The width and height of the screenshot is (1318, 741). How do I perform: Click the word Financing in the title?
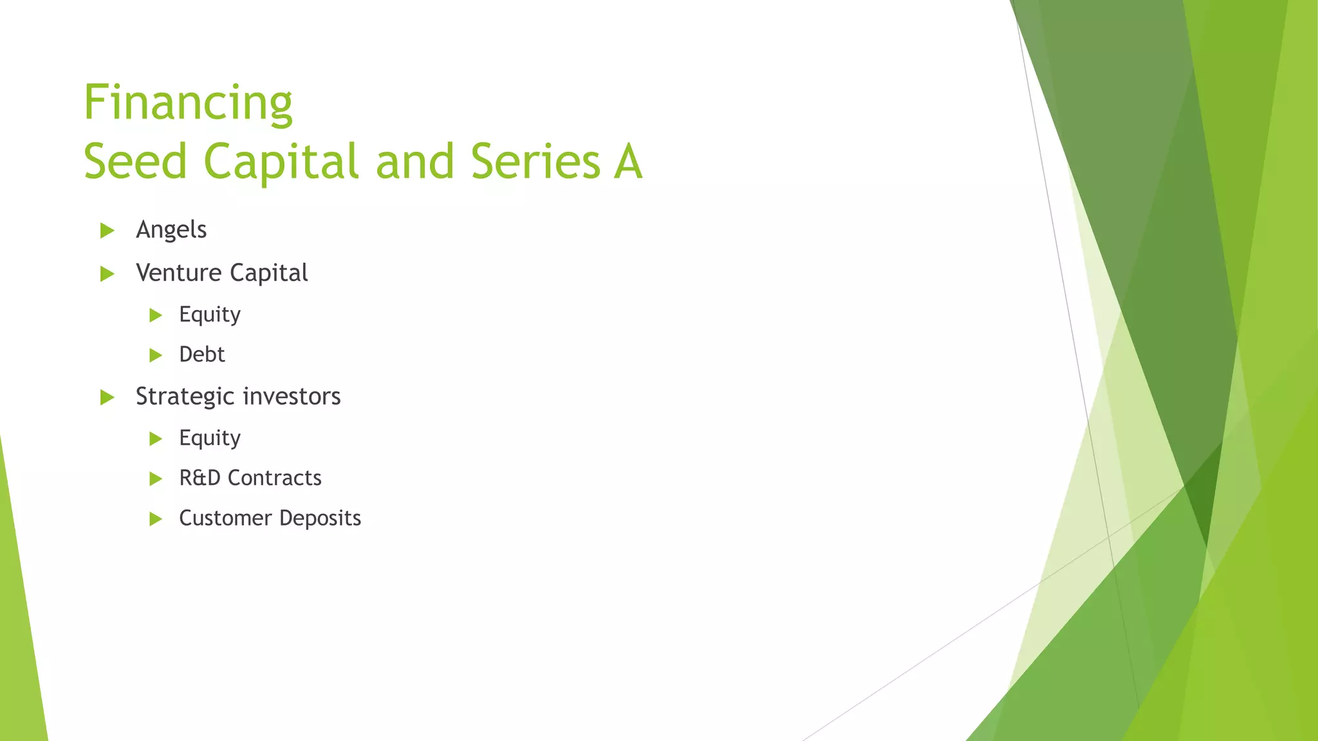click(188, 103)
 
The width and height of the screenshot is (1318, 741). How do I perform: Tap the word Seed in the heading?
click(135, 161)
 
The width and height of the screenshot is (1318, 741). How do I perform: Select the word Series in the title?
click(535, 161)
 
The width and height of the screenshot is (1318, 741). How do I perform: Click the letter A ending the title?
click(627, 161)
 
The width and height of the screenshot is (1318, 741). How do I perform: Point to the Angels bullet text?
click(171, 230)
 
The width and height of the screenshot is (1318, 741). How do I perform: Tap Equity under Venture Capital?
click(210, 315)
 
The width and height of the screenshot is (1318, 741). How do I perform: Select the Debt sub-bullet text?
click(202, 354)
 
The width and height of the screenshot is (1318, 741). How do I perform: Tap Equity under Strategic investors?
click(210, 438)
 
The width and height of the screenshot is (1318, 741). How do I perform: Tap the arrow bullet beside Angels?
click(107, 230)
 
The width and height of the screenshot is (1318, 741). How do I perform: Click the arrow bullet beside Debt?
click(156, 355)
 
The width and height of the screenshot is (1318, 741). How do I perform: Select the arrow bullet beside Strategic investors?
click(107, 398)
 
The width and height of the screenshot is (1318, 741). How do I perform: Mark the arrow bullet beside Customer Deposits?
click(156, 518)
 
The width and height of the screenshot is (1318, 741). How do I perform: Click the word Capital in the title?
click(281, 161)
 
